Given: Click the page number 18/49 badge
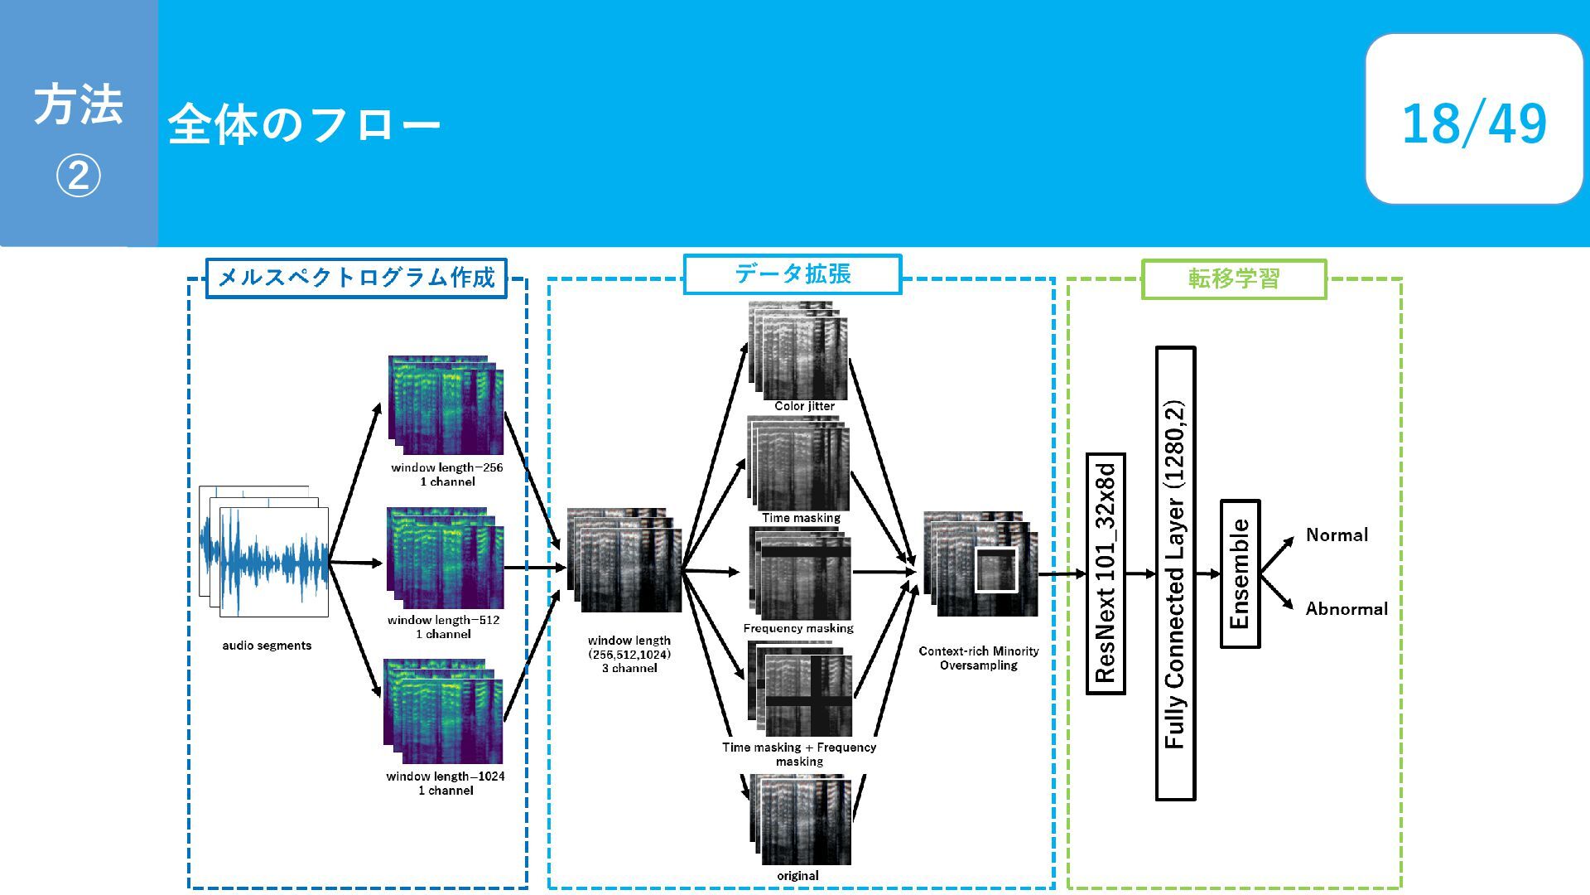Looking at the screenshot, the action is (1474, 119).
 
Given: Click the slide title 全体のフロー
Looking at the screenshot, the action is (304, 125).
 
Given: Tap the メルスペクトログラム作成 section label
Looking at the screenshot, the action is (356, 278).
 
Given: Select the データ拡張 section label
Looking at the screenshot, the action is (793, 274).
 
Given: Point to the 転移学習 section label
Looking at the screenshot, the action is (1234, 279).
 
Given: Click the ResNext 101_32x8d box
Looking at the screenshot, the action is (1106, 573).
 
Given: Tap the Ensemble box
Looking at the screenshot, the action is (1240, 573).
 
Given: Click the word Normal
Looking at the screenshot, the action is (1337, 535).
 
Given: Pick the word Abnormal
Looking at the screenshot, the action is (1347, 609).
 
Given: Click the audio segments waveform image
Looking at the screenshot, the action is (264, 552).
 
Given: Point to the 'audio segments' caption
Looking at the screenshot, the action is (267, 646).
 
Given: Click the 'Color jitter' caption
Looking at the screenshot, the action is (804, 406).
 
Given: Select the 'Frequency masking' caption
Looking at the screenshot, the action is (798, 628).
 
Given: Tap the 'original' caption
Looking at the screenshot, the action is (797, 876).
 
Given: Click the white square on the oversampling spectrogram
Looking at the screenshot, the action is (995, 570).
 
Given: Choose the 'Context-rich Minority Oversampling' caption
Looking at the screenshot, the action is (979, 658).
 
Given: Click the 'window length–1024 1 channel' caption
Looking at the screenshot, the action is (446, 783).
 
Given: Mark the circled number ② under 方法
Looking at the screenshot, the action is (79, 176).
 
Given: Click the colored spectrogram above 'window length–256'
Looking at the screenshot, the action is (446, 406).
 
